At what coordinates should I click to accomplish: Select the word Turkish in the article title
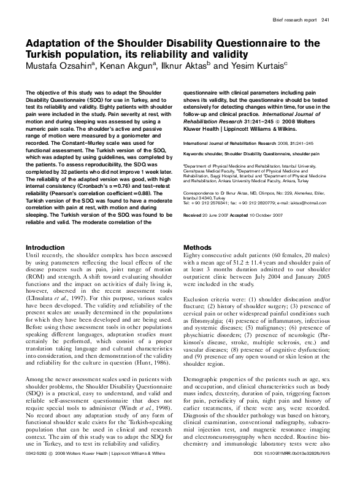coord(45,53)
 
